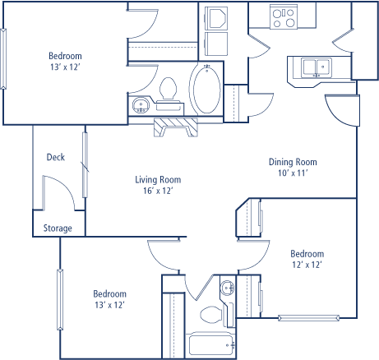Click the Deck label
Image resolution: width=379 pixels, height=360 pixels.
pos(56,157)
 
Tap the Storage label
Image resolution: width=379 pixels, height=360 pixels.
pos(58,228)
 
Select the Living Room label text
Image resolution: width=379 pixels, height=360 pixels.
pos(158,180)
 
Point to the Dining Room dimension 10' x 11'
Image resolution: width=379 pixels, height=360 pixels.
pos(293,173)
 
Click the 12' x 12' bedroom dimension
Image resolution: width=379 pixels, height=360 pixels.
pos(307,265)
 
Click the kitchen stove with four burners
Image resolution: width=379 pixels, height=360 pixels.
pos(284,17)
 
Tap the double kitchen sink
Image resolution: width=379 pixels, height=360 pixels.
pos(317,67)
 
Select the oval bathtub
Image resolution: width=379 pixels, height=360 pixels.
pos(206,89)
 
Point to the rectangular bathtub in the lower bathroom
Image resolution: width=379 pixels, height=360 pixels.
pos(210,345)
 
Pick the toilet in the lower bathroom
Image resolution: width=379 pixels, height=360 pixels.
pos(211,315)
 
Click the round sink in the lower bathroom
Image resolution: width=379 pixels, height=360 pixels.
pos(228,288)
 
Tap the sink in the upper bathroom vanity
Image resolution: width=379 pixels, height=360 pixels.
pos(141,105)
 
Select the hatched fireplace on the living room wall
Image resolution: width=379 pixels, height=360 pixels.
pos(176,127)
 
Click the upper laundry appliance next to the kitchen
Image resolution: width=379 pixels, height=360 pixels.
pos(216,18)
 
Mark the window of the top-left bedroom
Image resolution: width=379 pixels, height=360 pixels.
pos(3,59)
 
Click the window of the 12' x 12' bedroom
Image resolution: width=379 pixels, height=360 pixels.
pos(309,318)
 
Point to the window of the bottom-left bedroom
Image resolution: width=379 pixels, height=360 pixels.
pos(60,300)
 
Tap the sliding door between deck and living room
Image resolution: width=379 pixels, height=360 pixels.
pos(86,165)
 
